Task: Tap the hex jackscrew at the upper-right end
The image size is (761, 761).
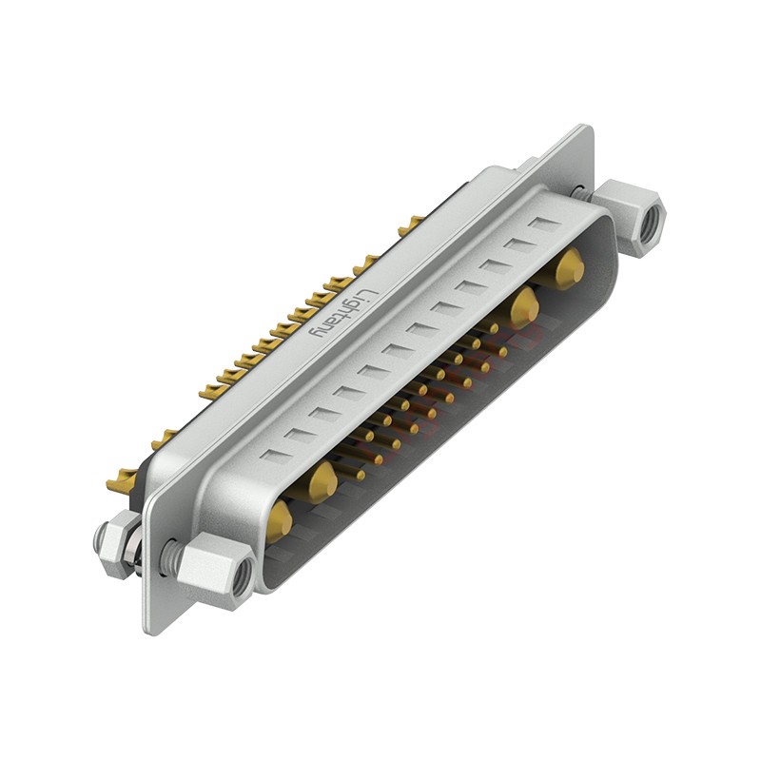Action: click(x=629, y=216)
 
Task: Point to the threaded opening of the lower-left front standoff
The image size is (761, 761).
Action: click(x=242, y=576)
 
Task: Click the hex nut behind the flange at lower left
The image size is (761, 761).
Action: click(x=115, y=544)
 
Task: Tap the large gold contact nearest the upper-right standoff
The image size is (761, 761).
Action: click(x=569, y=268)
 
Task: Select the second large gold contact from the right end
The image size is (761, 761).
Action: click(x=522, y=307)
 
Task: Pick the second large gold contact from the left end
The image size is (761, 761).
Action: click(x=322, y=481)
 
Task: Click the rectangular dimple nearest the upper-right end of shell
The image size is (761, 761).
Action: click(x=545, y=224)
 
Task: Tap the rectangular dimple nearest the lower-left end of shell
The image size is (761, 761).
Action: click(x=275, y=455)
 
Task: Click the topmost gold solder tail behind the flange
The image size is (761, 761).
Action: click(x=412, y=225)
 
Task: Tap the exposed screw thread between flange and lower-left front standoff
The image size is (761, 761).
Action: click(x=171, y=556)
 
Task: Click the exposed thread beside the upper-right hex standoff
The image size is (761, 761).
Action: click(x=579, y=193)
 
